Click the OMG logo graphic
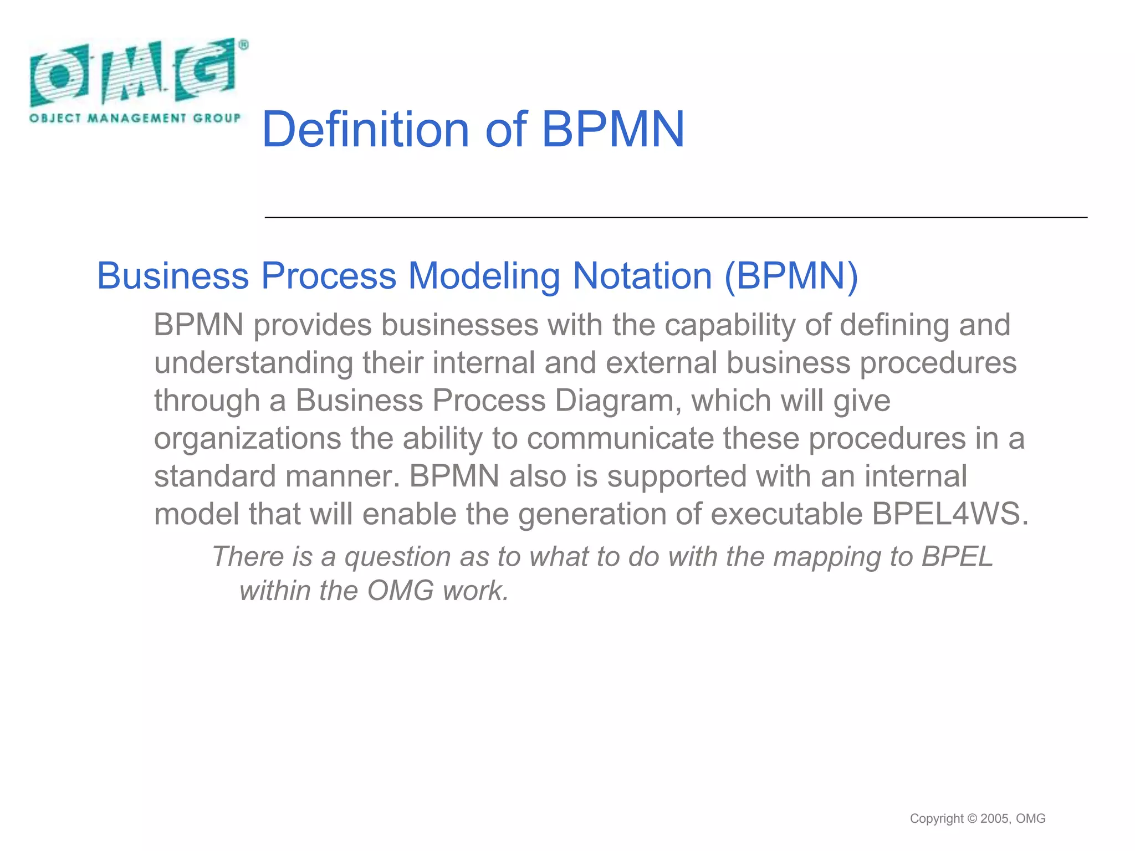[x=133, y=72]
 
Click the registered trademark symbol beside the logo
[x=243, y=45]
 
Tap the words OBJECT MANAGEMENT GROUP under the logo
[x=135, y=118]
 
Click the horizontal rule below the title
[x=676, y=218]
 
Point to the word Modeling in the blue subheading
[x=484, y=276]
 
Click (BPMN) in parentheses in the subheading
[x=791, y=276]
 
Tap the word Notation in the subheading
[x=642, y=276]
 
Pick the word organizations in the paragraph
[x=247, y=439]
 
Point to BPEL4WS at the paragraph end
[x=949, y=514]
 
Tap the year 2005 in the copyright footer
[x=995, y=819]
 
